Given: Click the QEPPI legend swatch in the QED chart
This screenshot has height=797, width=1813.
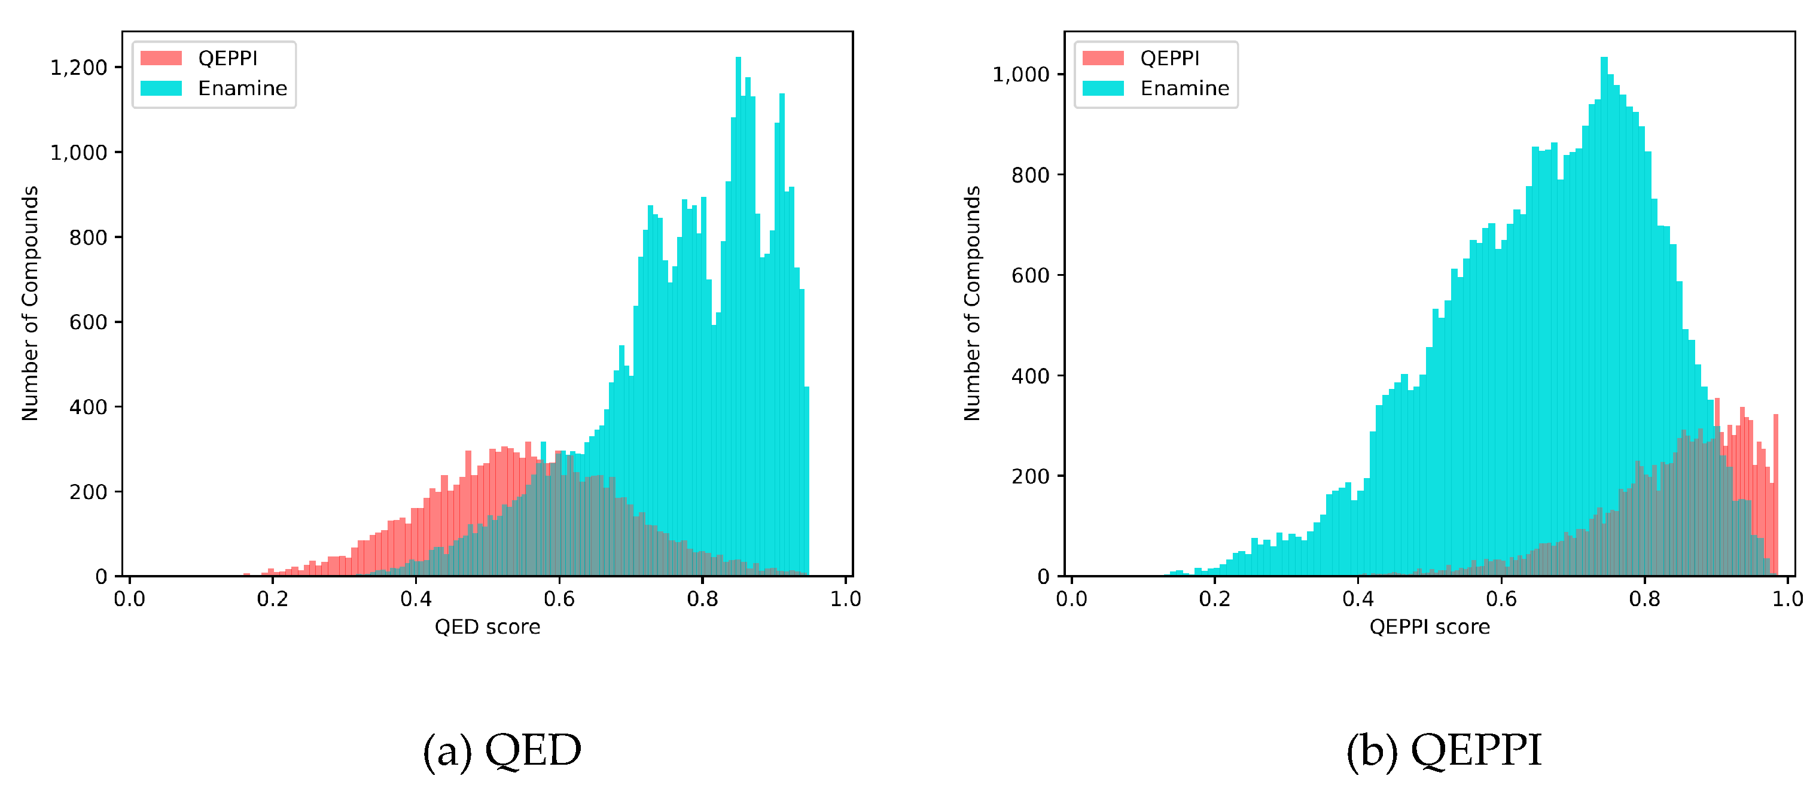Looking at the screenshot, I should tap(161, 57).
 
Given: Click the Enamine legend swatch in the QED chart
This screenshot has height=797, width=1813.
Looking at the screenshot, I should tap(161, 88).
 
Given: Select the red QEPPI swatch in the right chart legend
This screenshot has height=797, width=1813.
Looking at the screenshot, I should tap(1103, 57).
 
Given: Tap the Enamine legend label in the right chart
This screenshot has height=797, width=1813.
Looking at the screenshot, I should tap(1184, 88).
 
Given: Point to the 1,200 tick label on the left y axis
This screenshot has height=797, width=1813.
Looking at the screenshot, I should tap(78, 68).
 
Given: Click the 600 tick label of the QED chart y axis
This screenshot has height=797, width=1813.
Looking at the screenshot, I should tap(88, 323).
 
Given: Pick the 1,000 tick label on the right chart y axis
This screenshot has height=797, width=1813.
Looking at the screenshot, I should tap(1020, 74).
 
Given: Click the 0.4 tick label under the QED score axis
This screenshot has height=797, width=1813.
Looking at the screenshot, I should tap(416, 599).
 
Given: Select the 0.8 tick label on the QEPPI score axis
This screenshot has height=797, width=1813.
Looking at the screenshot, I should tap(1644, 599).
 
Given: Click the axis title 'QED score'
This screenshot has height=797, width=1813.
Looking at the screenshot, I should tap(487, 626).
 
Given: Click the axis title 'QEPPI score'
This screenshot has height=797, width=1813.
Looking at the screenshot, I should tap(1430, 626).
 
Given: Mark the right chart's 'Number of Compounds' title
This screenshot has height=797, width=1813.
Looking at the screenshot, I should tap(972, 303).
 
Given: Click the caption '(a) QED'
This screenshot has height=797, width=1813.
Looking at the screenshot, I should tap(502, 750).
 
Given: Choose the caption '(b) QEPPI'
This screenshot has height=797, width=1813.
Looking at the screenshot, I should tap(1443, 750).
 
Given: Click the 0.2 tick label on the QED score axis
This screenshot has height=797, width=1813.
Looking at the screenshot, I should tap(272, 599).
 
